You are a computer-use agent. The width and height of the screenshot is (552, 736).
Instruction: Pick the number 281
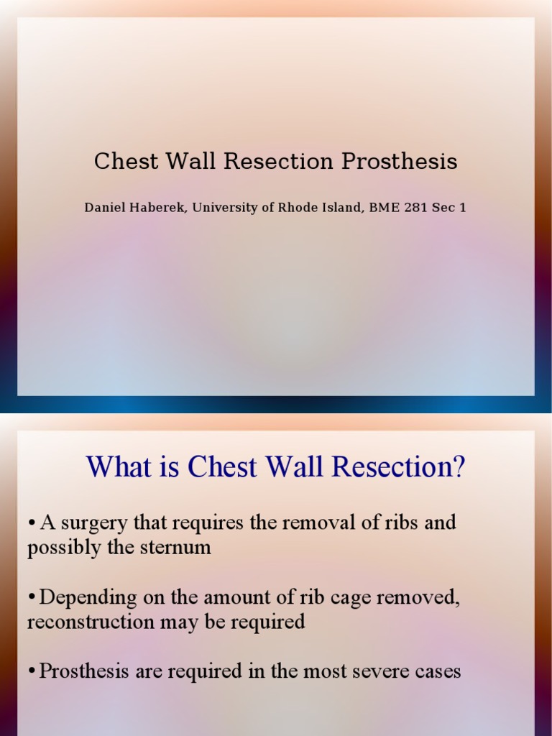tap(418, 208)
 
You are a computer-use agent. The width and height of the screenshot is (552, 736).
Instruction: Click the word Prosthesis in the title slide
tap(399, 162)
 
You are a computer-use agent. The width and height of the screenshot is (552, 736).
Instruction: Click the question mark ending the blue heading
tap(459, 468)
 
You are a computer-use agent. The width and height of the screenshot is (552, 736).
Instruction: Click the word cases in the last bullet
tap(436, 672)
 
